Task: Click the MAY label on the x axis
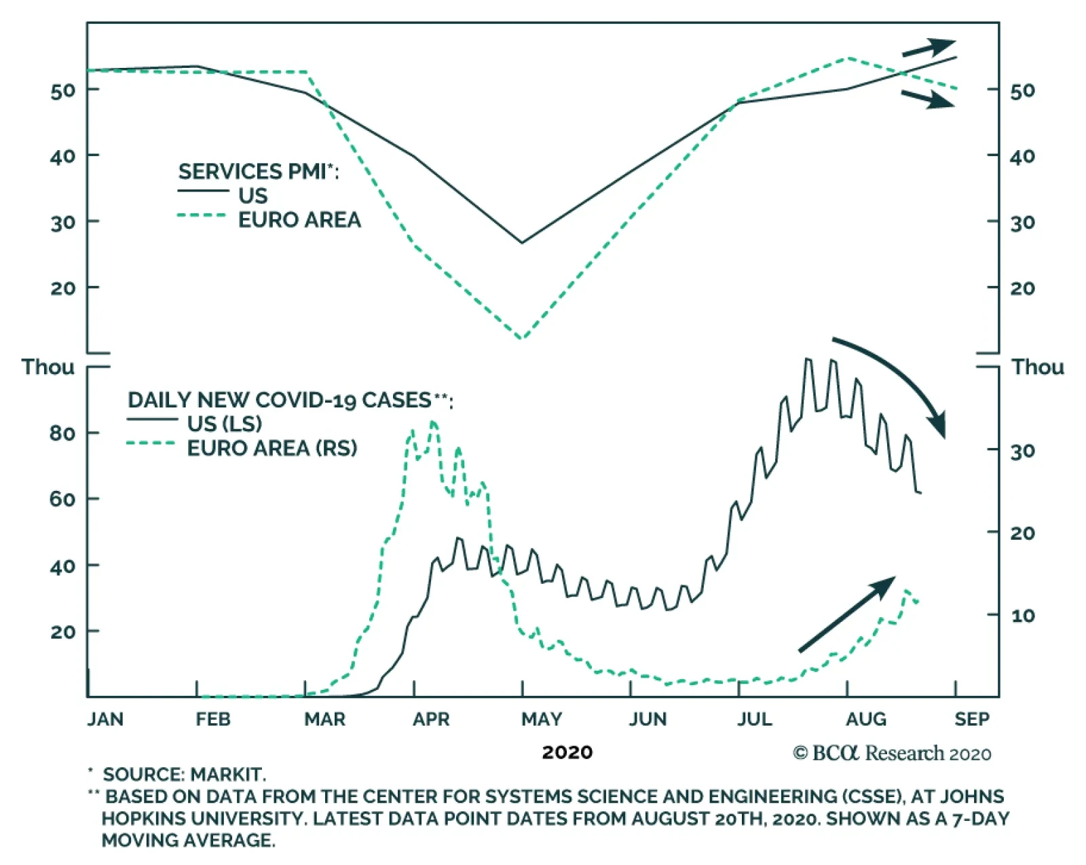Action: coord(541,718)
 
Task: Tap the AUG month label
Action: coord(866,718)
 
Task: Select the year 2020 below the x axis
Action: coord(567,752)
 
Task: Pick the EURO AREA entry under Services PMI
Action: coord(299,220)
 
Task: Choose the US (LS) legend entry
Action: coord(224,424)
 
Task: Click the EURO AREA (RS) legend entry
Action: coord(271,448)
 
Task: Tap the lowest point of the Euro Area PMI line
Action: coord(521,337)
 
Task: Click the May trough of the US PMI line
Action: coord(521,242)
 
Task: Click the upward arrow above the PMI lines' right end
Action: coord(928,48)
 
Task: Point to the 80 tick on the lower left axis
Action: coord(62,433)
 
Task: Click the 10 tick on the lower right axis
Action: coord(1022,616)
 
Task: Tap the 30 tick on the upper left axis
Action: coord(62,222)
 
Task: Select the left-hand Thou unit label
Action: coord(48,367)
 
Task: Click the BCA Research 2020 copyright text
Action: coord(892,753)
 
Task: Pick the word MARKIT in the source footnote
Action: coord(227,774)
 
